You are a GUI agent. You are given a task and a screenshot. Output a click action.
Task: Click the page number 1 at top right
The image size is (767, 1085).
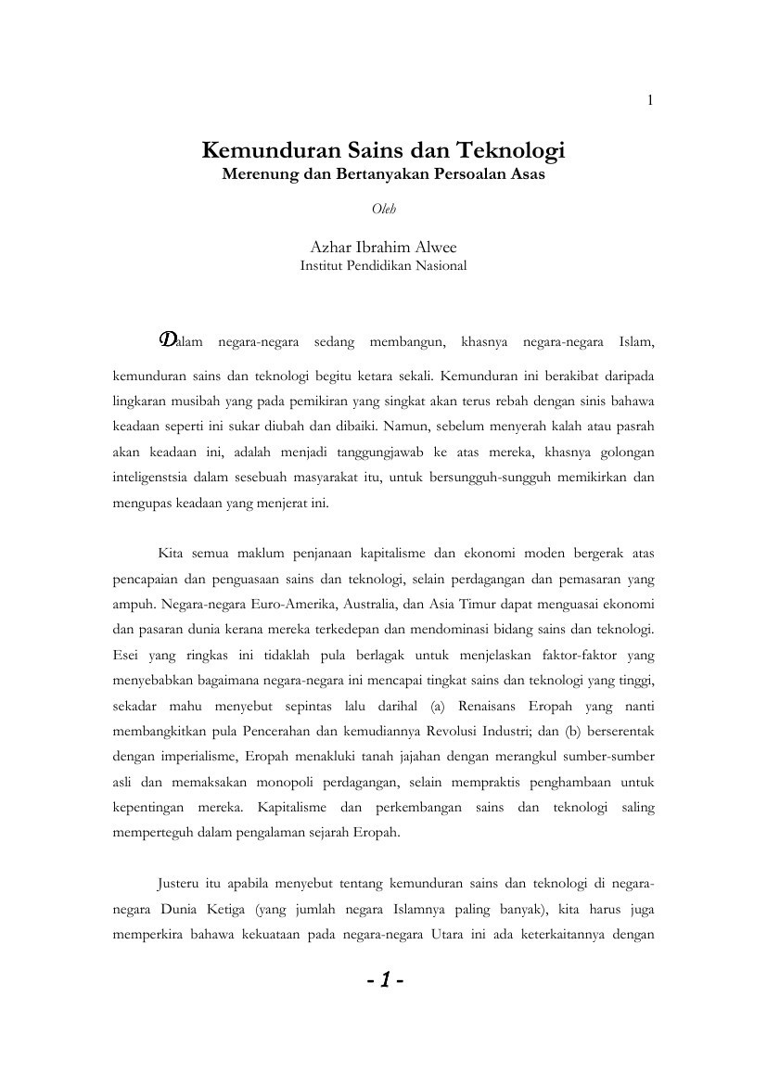[651, 101]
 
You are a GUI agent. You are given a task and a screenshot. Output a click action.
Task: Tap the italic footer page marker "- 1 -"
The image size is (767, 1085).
[383, 980]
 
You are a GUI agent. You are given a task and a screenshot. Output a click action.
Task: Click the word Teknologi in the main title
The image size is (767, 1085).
[512, 150]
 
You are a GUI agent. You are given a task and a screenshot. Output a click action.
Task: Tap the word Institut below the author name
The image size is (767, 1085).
[324, 265]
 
